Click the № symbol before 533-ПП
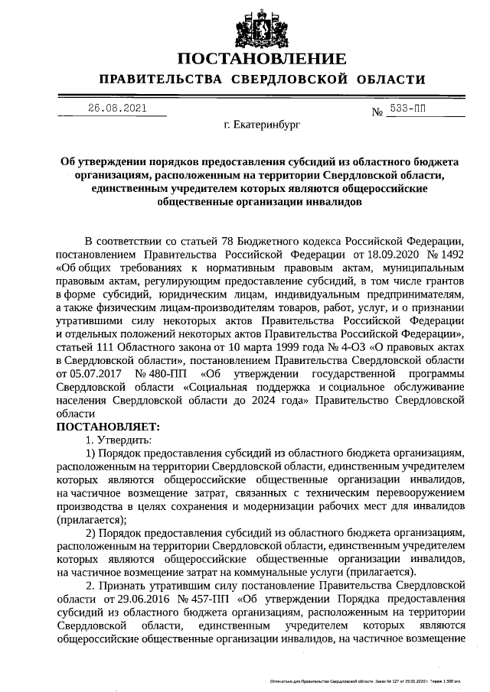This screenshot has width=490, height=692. click(x=377, y=112)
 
